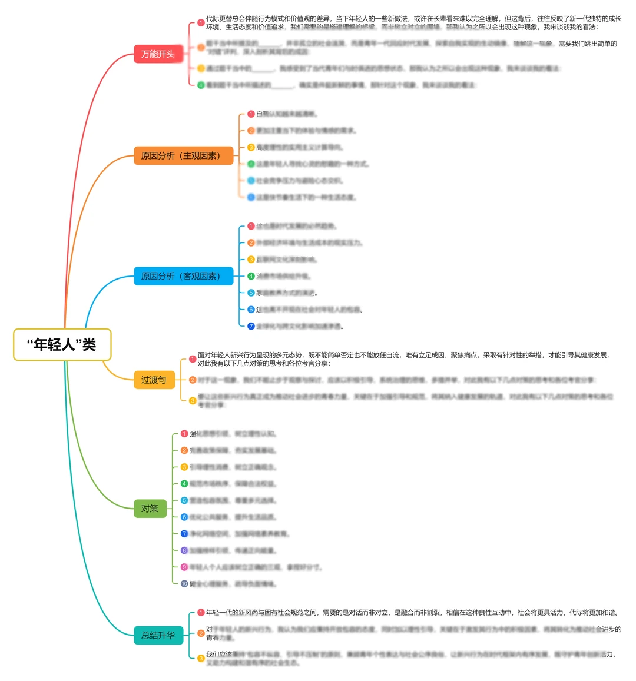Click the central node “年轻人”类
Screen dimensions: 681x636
tap(62, 344)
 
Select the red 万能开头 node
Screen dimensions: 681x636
tap(158, 54)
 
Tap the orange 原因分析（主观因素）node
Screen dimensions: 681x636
tap(183, 155)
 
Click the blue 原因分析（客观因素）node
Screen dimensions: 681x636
tap(183, 275)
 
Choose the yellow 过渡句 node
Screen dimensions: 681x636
tap(154, 380)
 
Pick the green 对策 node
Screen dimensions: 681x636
tap(150, 508)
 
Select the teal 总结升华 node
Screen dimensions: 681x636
tap(158, 635)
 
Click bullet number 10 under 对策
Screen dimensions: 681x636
tap(184, 584)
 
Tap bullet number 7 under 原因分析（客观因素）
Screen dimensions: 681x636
tap(251, 326)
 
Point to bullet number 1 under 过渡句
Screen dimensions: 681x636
tap(193, 359)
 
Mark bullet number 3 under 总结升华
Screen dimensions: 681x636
tap(201, 658)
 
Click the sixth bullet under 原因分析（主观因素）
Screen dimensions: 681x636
tap(251, 197)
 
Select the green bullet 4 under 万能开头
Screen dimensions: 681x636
tap(201, 85)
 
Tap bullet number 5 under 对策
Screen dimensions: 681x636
tap(184, 500)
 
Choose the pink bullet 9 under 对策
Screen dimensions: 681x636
tap(184, 567)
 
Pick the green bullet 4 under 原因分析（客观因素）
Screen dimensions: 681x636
tap(251, 276)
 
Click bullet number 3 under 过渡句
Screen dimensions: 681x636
tap(193, 401)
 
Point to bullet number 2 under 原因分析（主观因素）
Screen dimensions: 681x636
tap(251, 131)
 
